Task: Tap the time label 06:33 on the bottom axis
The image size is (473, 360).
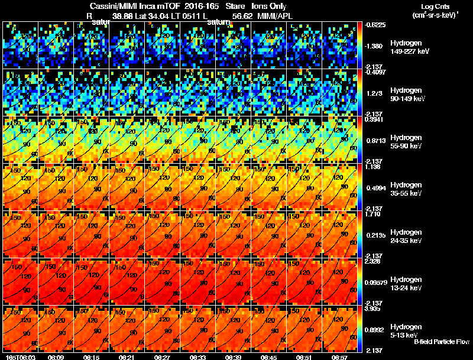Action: [x=198, y=356]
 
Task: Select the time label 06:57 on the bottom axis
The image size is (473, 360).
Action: [x=340, y=356]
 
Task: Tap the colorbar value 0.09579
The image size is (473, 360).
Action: [x=376, y=284]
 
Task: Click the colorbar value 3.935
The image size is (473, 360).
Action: [x=372, y=309]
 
